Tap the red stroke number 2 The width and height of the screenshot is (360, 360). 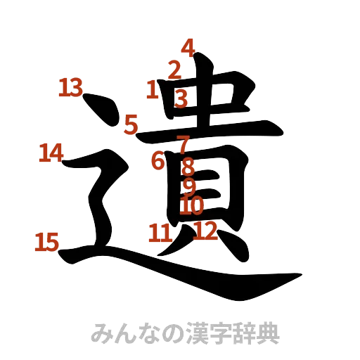pyautogui.click(x=174, y=69)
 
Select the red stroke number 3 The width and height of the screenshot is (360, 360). pyautogui.click(x=181, y=98)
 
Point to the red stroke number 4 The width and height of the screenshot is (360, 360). pyautogui.click(x=187, y=48)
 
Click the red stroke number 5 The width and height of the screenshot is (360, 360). pyautogui.click(x=131, y=124)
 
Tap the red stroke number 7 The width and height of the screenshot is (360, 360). pyautogui.click(x=184, y=145)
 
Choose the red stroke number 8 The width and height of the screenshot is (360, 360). pyautogui.click(x=187, y=167)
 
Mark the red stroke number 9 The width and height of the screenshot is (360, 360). pyautogui.click(x=188, y=186)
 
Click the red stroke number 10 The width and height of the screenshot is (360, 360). pyautogui.click(x=191, y=206)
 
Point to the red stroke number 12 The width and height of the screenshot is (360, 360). pyautogui.click(x=206, y=230)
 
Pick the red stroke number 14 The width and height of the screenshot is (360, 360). pyautogui.click(x=51, y=152)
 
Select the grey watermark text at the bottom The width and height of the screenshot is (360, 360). pyautogui.click(x=186, y=333)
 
